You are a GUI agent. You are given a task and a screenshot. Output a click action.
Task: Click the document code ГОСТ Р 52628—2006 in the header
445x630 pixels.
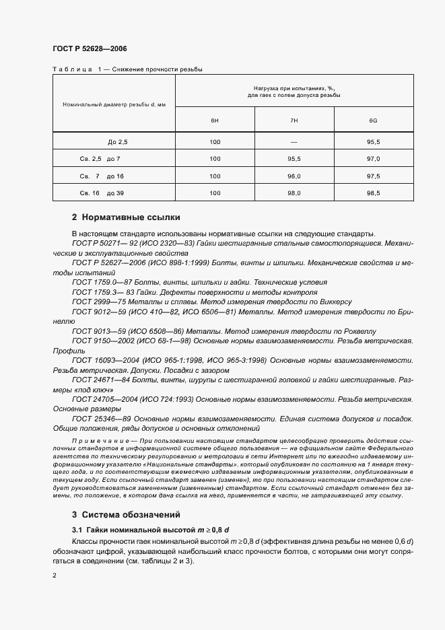(x=90, y=48)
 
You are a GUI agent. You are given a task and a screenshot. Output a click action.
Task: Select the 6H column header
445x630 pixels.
(x=215, y=120)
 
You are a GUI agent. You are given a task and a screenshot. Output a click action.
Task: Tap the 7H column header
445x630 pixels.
(x=294, y=120)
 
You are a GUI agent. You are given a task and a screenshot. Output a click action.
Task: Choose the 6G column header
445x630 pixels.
(x=373, y=120)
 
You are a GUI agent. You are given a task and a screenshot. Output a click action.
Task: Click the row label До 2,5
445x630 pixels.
(x=117, y=142)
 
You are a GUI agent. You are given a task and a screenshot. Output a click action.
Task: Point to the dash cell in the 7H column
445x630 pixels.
(x=294, y=142)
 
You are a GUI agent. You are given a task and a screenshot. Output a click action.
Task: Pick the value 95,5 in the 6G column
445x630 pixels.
(x=373, y=142)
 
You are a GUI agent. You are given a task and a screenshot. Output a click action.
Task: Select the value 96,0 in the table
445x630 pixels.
(x=294, y=176)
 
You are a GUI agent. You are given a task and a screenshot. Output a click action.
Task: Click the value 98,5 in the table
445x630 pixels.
(x=373, y=193)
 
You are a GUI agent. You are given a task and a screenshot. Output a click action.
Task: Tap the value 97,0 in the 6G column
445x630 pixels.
(x=373, y=159)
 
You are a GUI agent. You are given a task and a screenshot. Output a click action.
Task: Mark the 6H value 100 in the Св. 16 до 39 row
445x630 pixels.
(x=215, y=193)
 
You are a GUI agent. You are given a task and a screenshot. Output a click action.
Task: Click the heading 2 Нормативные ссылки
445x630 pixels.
(x=125, y=217)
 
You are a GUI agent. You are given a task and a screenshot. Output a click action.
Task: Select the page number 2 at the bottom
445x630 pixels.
(x=55, y=575)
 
